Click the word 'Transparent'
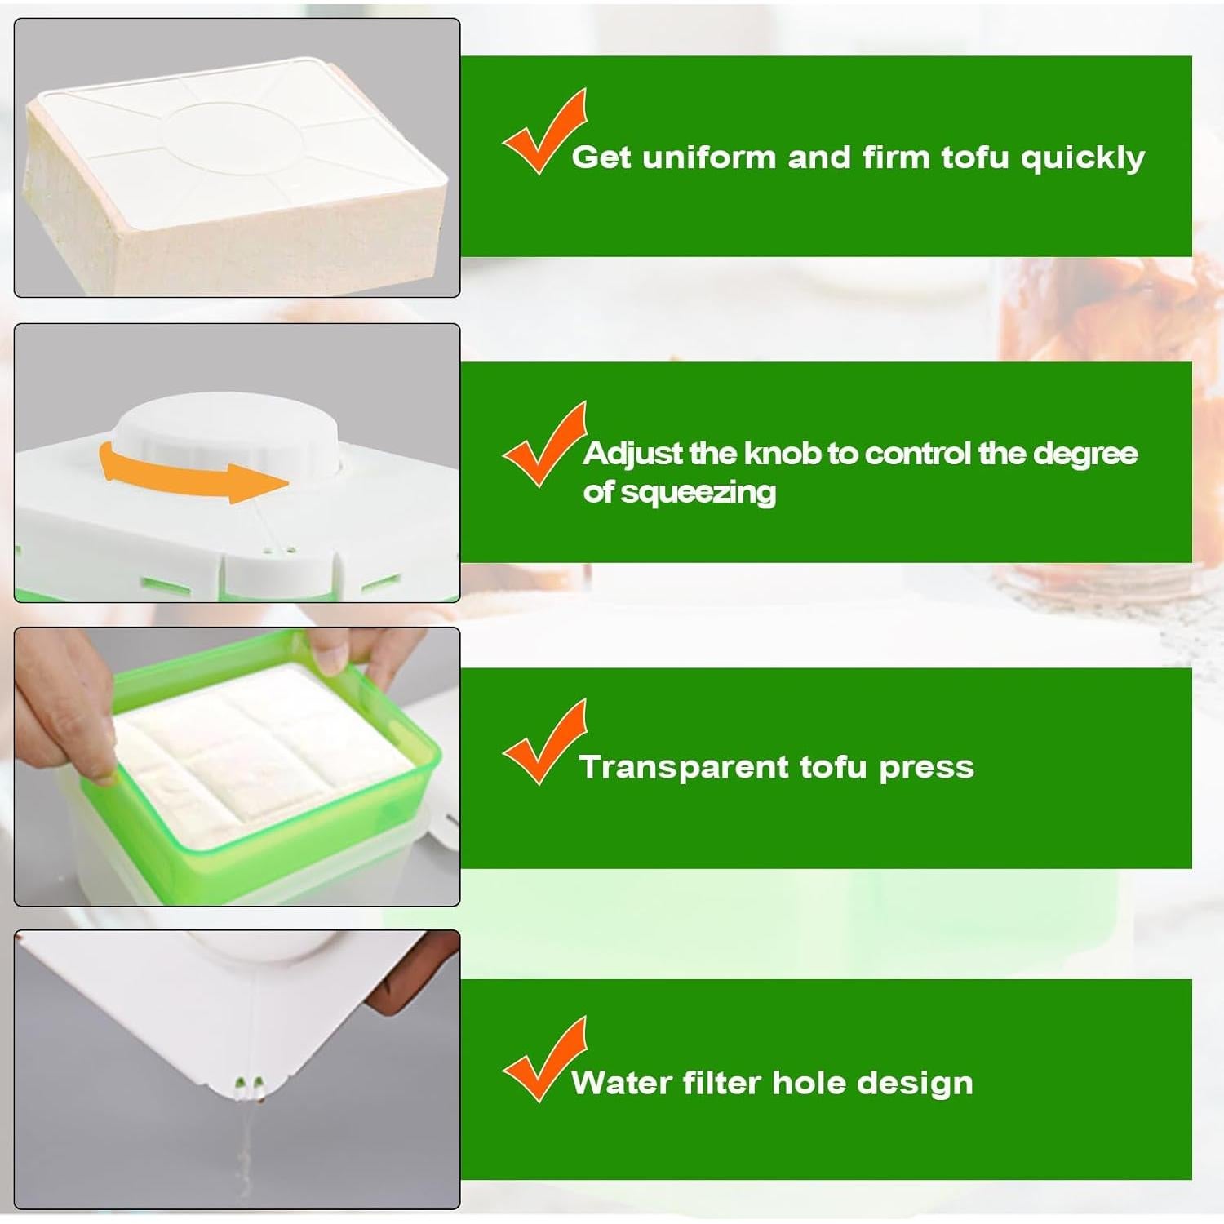pyautogui.click(x=685, y=768)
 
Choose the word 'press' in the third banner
pyautogui.click(x=926, y=768)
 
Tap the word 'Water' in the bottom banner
pyautogui.click(x=621, y=1084)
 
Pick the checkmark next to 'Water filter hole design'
pyautogui.click(x=543, y=1060)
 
